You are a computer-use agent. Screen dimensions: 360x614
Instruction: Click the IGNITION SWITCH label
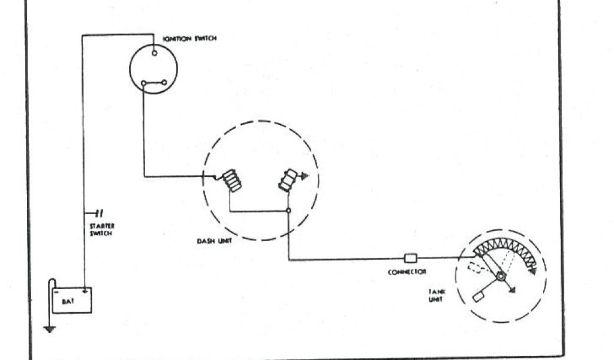pyautogui.click(x=189, y=38)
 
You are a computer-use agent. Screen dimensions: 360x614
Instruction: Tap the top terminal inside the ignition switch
pyautogui.click(x=155, y=53)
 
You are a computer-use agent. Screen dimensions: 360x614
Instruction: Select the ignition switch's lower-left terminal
pyautogui.click(x=143, y=83)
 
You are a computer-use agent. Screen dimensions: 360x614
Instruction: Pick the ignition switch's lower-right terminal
pyautogui.click(x=164, y=83)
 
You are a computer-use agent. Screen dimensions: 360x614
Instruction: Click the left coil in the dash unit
pyautogui.click(x=232, y=182)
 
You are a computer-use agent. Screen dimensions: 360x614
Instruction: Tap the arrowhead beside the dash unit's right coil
pyautogui.click(x=304, y=176)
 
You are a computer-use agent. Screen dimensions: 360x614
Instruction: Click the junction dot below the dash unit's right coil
pyautogui.click(x=288, y=211)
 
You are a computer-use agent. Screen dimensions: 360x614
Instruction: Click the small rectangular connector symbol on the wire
pyautogui.click(x=411, y=259)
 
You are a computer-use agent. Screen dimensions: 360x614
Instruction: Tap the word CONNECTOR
pyautogui.click(x=407, y=272)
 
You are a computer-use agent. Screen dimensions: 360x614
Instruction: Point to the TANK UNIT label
pyautogui.click(x=436, y=295)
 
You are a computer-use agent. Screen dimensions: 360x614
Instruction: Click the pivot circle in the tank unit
pyautogui.click(x=499, y=277)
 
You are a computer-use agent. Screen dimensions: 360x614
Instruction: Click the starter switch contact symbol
pyautogui.click(x=98, y=212)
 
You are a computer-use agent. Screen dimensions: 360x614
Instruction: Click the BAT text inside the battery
pyautogui.click(x=68, y=302)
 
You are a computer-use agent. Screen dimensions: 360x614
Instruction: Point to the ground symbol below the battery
pyautogui.click(x=49, y=328)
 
